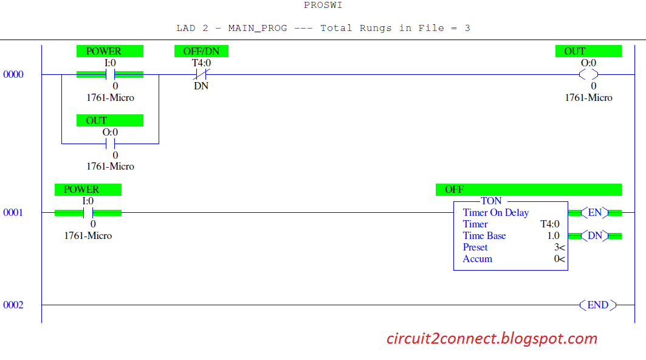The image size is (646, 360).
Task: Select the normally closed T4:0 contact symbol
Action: [x=201, y=75]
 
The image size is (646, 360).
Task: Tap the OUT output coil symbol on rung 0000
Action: [x=588, y=75]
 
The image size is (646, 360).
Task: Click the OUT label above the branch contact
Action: [x=109, y=120]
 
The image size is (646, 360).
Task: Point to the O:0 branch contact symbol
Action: [x=110, y=144]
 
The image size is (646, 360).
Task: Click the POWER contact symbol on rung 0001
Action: [x=88, y=213]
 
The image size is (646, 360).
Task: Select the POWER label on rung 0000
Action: [x=109, y=52]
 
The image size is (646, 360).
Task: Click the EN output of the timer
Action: [x=594, y=213]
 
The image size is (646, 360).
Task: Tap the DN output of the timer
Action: [x=594, y=236]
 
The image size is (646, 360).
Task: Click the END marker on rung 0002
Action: [x=597, y=305]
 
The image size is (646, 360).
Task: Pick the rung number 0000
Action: [x=13, y=75]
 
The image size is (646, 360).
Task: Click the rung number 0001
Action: [x=13, y=213]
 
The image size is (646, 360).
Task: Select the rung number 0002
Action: [x=13, y=305]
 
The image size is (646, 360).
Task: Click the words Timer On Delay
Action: [x=495, y=213]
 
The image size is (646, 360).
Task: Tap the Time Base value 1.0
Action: [x=553, y=236]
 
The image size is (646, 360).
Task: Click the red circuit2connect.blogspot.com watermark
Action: [x=492, y=339]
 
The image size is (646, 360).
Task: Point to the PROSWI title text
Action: [x=323, y=5]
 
